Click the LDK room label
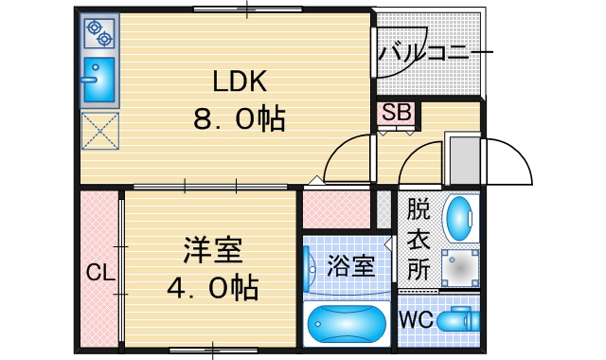coord(240,81)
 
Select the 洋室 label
coord(213,250)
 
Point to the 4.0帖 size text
coord(213,288)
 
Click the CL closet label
coord(100,272)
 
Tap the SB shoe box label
coord(396,113)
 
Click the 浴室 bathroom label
coord(351,266)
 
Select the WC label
coord(417,319)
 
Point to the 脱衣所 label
coord(419,239)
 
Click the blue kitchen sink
coord(99,80)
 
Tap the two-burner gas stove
coord(99,33)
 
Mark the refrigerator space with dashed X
coord(100,131)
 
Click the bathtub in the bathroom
coord(347,324)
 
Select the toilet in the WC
coord(458,320)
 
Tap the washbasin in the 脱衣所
coord(460,219)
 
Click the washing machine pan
coord(460,268)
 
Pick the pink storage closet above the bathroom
coord(336,209)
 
